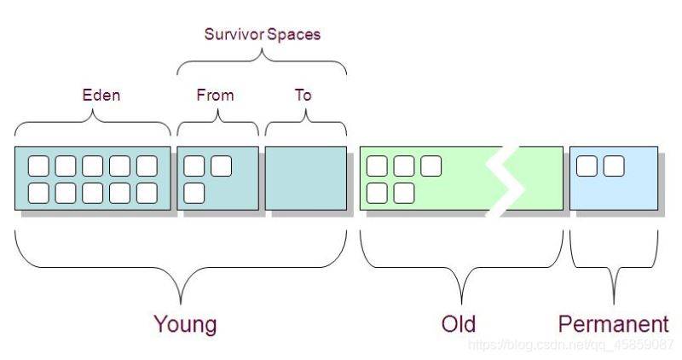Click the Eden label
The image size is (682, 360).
click(x=101, y=95)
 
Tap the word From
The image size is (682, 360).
click(x=216, y=95)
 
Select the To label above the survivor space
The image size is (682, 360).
click(x=303, y=95)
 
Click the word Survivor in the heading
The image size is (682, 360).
click(x=234, y=34)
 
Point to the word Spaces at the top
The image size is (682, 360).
click(x=293, y=34)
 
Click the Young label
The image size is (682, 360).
click(x=185, y=324)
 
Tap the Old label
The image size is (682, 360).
click(x=459, y=324)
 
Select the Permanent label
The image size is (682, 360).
click(x=613, y=324)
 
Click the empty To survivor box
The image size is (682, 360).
click(x=306, y=178)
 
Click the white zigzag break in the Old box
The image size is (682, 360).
click(x=505, y=178)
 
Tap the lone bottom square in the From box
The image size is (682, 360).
click(x=194, y=194)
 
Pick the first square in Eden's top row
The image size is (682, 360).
click(x=38, y=165)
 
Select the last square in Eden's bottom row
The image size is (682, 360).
click(x=147, y=194)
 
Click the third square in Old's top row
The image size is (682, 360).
click(x=431, y=165)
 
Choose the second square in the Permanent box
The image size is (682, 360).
click(x=614, y=165)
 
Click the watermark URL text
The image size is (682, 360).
click(x=570, y=345)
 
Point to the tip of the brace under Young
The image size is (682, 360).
click(x=181, y=304)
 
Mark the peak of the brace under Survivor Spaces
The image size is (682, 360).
click(x=262, y=49)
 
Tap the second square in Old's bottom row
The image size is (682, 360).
click(x=404, y=194)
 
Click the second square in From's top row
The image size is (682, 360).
click(x=222, y=165)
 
